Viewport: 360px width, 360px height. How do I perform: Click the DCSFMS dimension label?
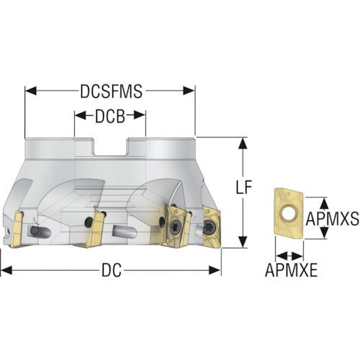[111, 91]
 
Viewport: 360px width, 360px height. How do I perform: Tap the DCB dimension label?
[110, 117]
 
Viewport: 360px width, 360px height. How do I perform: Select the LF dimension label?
[243, 187]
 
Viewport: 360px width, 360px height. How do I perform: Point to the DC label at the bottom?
[112, 270]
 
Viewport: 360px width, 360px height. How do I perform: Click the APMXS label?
[333, 219]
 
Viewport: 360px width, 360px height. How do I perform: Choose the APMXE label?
[291, 270]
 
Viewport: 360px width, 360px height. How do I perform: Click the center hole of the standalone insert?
[289, 213]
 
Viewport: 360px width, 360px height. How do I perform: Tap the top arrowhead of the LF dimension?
[243, 143]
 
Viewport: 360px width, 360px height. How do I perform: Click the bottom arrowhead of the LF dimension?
[243, 241]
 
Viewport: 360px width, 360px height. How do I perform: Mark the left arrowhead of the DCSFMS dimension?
[31, 91]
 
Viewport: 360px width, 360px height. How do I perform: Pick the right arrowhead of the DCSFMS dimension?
[189, 91]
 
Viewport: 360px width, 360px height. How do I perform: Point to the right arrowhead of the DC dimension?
[215, 270]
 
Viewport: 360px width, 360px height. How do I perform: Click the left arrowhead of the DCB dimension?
[80, 115]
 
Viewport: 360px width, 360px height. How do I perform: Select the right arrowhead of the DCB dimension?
[140, 115]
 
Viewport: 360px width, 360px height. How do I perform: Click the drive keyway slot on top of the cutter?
[110, 147]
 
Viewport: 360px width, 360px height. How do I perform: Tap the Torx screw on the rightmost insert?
[210, 226]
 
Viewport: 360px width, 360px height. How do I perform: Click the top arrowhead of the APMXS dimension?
[325, 204]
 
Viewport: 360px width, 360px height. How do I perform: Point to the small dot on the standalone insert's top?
[289, 192]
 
